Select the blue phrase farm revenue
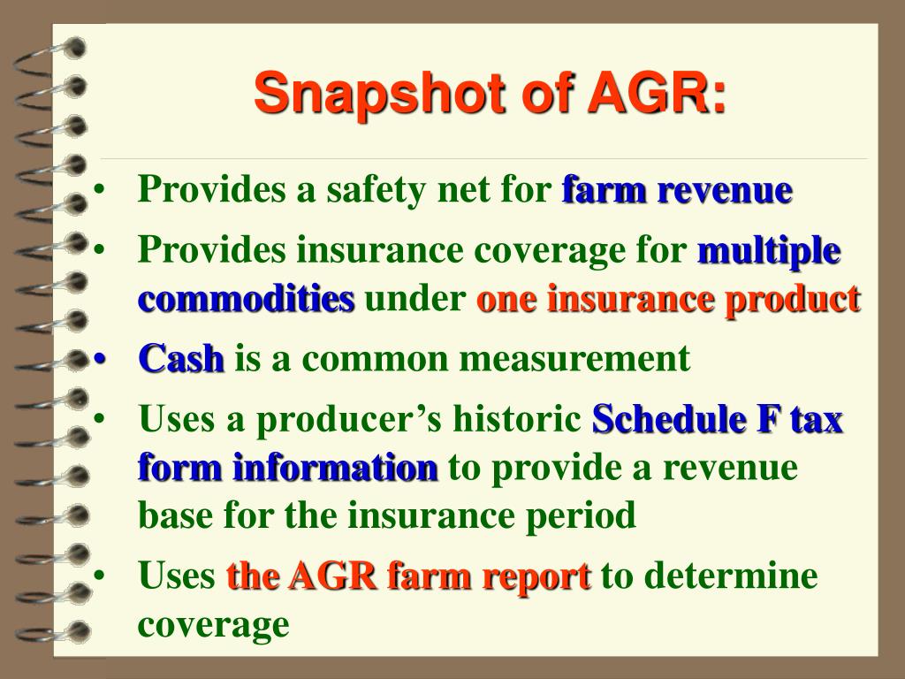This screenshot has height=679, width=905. [677, 190]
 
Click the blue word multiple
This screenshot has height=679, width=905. [769, 251]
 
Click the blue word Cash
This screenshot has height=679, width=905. [181, 359]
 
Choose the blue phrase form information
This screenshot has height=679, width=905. [288, 467]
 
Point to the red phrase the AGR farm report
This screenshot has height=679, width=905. [408, 576]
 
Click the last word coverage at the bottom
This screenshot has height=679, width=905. [213, 624]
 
